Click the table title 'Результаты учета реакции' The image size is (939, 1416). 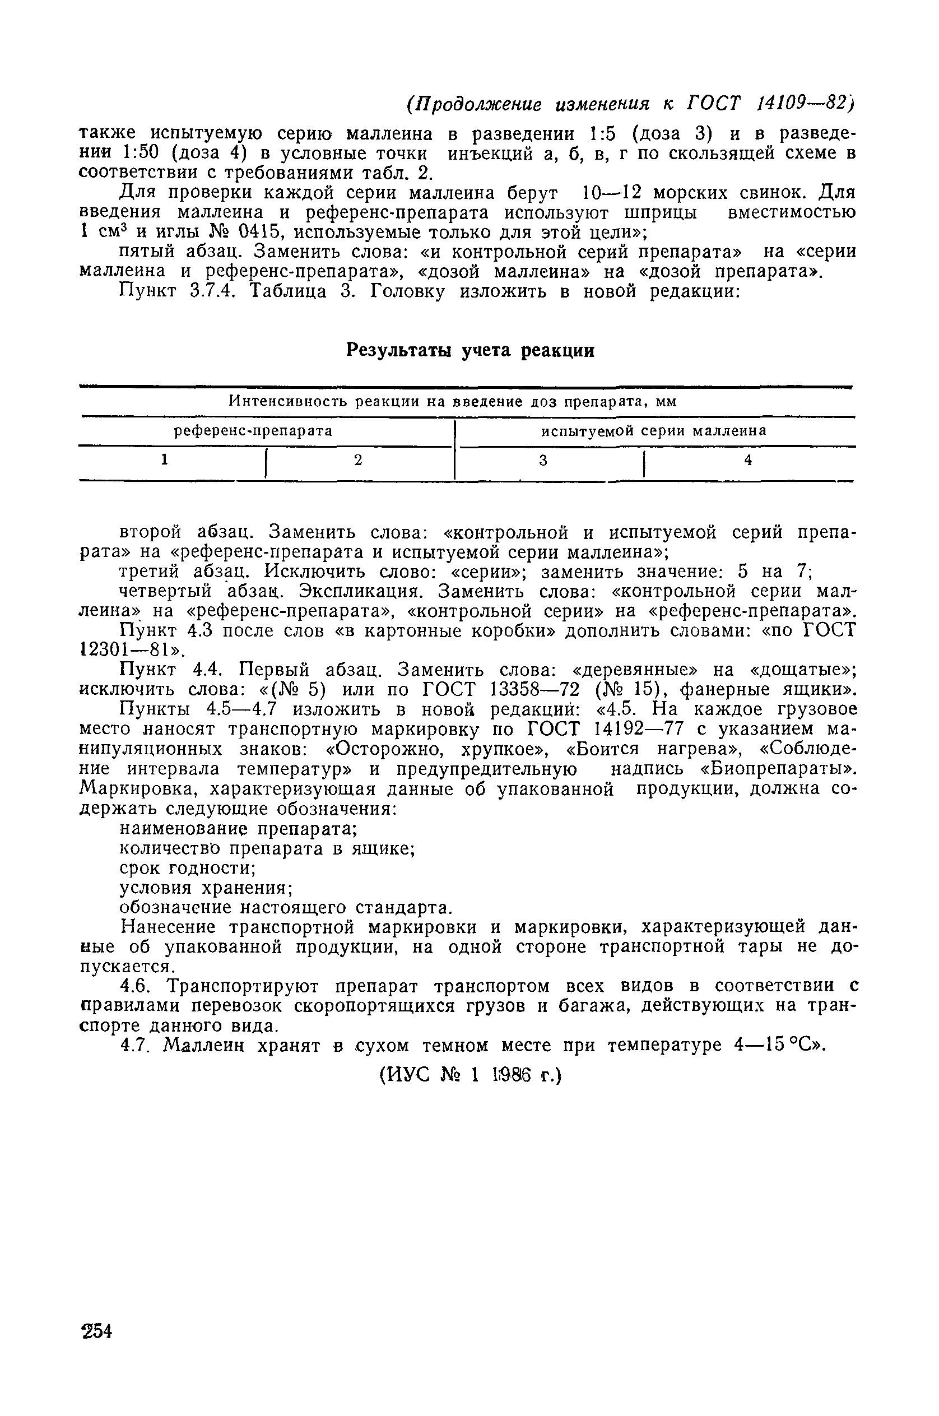coord(471,350)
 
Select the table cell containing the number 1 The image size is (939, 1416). coord(164,460)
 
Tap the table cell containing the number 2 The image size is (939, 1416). coord(358,460)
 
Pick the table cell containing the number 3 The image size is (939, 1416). coord(543,460)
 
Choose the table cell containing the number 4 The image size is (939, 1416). coord(747,460)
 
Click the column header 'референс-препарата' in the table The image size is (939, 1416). coord(253,431)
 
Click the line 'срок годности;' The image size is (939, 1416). coord(189,868)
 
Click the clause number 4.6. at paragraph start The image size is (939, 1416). coord(134,986)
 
